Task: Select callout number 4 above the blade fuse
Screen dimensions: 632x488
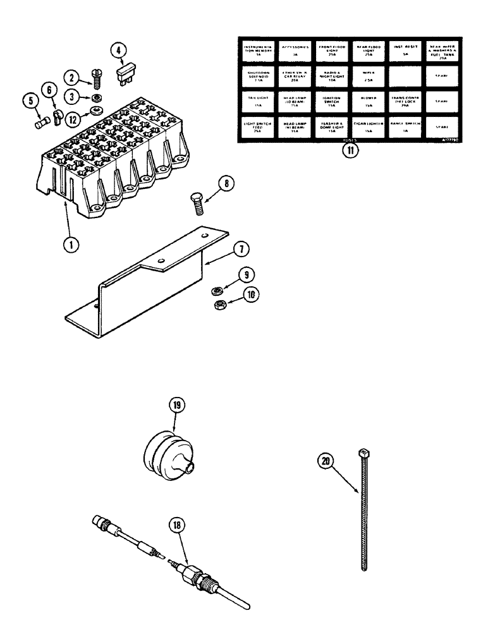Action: click(x=119, y=50)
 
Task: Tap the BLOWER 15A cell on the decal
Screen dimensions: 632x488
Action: click(x=369, y=100)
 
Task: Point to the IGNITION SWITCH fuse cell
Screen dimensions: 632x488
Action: click(x=332, y=100)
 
